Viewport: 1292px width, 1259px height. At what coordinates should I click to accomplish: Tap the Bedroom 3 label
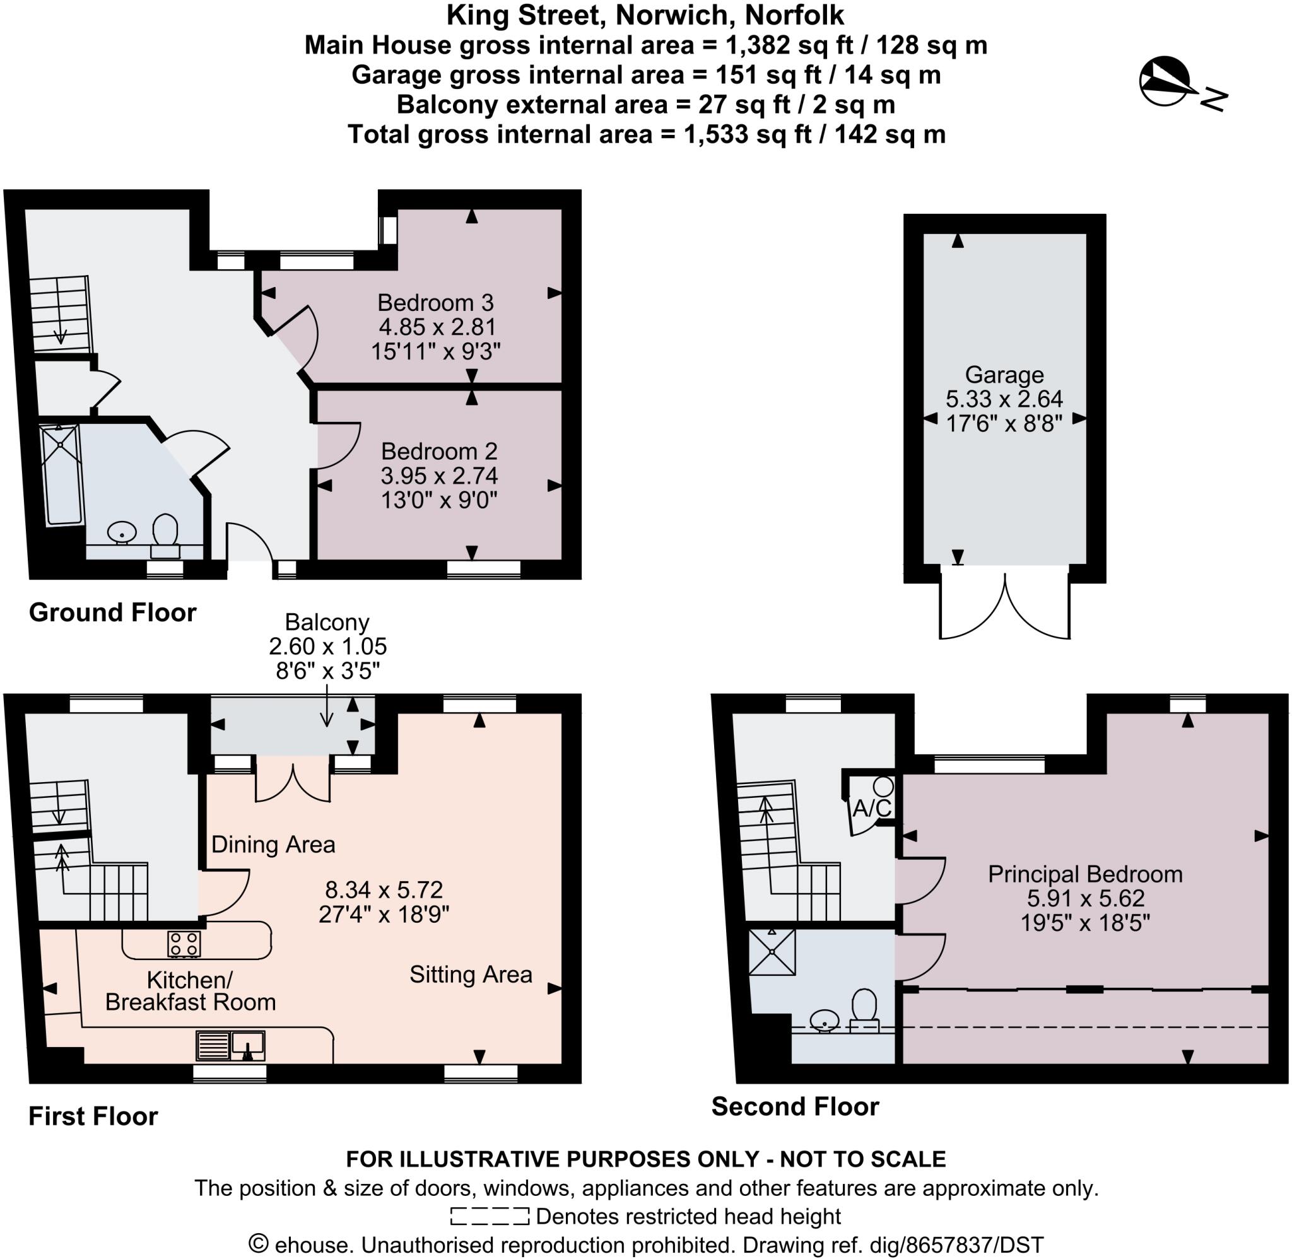(435, 303)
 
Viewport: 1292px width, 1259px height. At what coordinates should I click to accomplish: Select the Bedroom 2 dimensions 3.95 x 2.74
(439, 476)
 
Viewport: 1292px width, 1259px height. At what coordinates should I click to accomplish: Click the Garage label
(1004, 375)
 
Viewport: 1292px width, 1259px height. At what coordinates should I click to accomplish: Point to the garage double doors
(1004, 605)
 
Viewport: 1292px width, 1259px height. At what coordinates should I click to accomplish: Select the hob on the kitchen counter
(184, 944)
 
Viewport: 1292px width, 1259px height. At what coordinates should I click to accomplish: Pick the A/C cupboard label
(871, 808)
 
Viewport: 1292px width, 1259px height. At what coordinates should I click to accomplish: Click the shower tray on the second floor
(772, 952)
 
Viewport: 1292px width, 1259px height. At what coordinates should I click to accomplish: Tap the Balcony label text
(327, 622)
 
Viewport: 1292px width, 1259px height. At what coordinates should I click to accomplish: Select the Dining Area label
(273, 845)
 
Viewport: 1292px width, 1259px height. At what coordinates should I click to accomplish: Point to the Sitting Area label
(470, 974)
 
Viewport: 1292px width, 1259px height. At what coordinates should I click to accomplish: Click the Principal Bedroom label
(1084, 874)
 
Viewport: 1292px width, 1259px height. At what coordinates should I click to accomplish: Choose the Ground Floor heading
(112, 612)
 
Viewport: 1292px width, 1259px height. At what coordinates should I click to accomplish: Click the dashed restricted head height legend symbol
(490, 1216)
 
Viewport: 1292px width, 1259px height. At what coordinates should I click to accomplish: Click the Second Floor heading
(795, 1106)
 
